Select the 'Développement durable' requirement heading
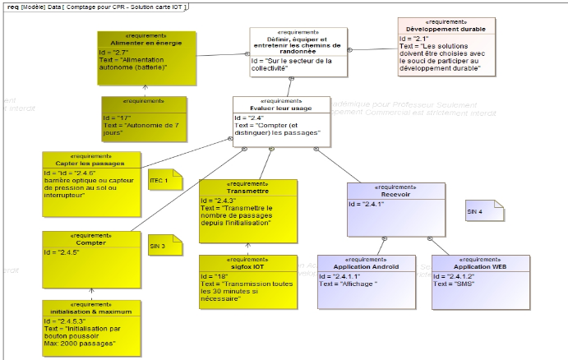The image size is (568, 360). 446,29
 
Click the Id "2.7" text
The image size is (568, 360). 118,51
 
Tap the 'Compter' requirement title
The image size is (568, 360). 90,242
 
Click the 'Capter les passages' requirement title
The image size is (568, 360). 90,163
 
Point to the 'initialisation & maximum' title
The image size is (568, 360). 90,312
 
